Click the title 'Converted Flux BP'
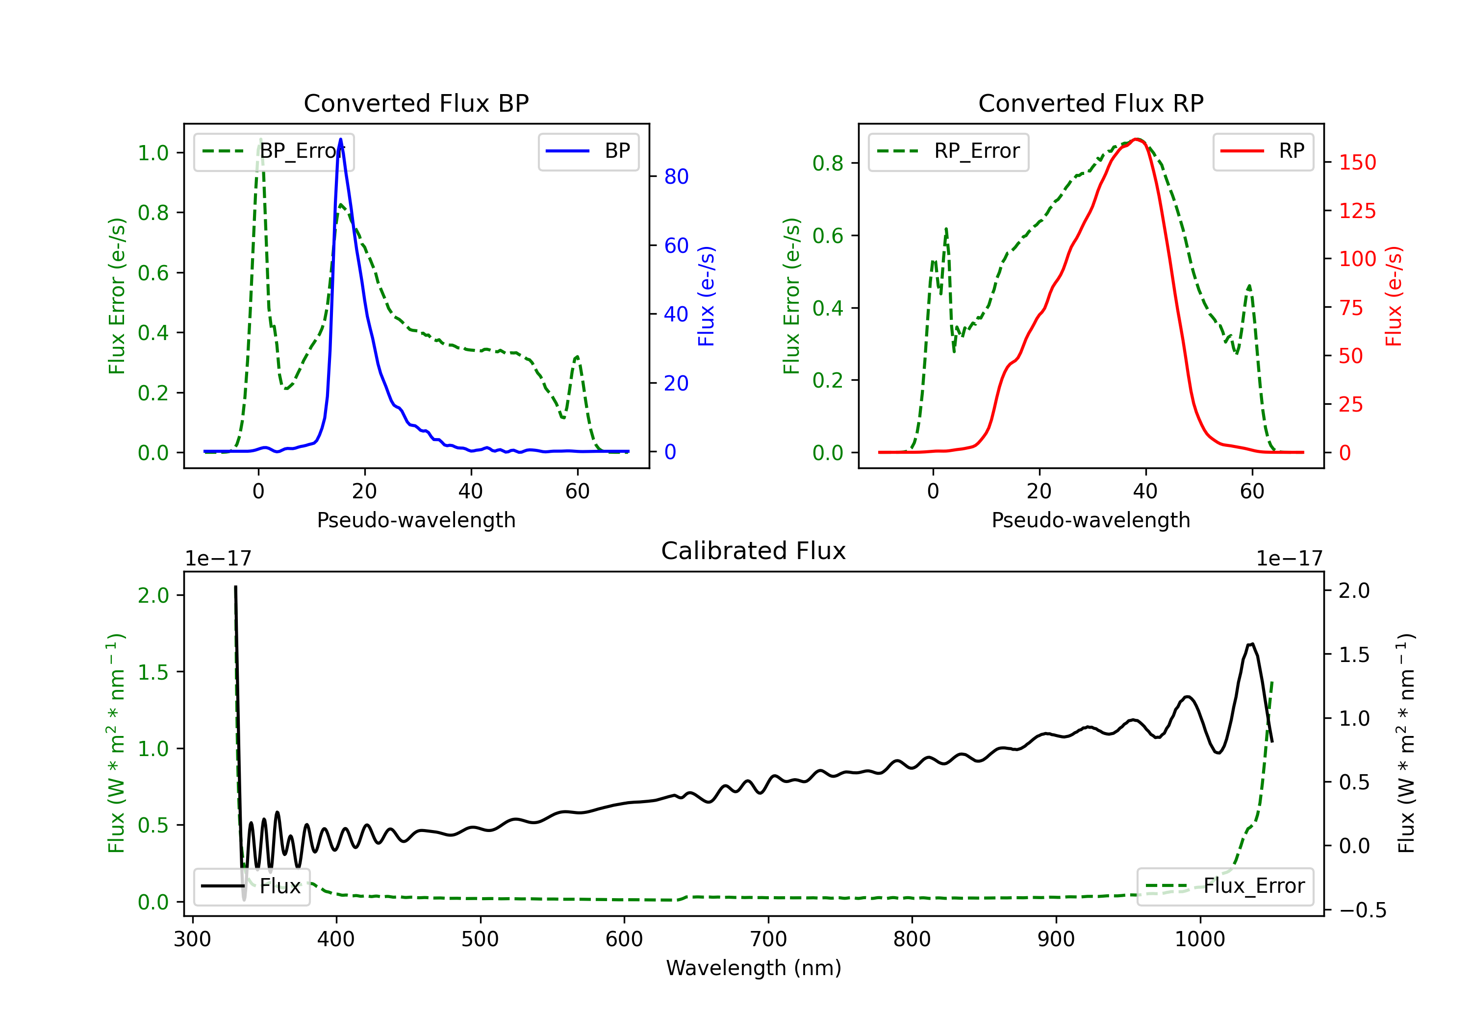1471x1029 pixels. pyautogui.click(x=416, y=103)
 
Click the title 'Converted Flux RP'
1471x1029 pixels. pyautogui.click(x=1091, y=103)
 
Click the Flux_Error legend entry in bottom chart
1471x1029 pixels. pyautogui.click(x=1225, y=886)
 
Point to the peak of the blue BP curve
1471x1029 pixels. pyautogui.click(x=340, y=140)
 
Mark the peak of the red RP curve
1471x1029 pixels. pyautogui.click(x=1137, y=139)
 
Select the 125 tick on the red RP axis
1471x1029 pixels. pyautogui.click(x=1357, y=211)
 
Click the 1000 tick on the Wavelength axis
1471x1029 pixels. pyautogui.click(x=1199, y=939)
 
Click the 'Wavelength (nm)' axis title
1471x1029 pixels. pyautogui.click(x=754, y=968)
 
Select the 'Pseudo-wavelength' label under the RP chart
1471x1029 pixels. pyautogui.click(x=1091, y=520)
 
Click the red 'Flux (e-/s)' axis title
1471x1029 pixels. pyautogui.click(x=1393, y=296)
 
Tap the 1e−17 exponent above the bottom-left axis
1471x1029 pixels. pyautogui.click(x=218, y=559)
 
